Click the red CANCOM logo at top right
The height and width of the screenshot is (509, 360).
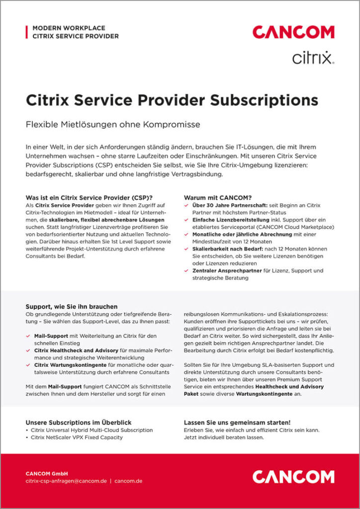click(x=293, y=32)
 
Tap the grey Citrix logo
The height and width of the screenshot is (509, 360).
click(x=313, y=58)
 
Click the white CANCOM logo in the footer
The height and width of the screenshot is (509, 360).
click(x=293, y=477)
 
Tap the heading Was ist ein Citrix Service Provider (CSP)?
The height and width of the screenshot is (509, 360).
click(x=89, y=197)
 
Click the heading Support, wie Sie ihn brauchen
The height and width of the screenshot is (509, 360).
click(x=72, y=307)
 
